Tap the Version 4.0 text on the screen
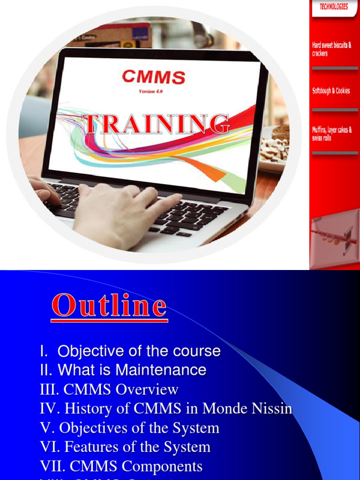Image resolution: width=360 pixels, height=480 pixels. point(150,91)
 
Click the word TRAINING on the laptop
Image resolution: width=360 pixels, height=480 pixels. point(156,124)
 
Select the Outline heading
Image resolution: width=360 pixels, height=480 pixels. point(109,306)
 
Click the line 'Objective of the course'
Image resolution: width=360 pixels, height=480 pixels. point(130,351)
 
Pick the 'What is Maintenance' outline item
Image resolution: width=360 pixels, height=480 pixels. point(123,370)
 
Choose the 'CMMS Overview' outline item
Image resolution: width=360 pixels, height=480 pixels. point(109,389)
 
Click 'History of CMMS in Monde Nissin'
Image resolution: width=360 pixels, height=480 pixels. point(166,408)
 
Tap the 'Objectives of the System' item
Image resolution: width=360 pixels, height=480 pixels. point(130,427)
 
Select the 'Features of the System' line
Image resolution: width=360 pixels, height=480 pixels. point(125,447)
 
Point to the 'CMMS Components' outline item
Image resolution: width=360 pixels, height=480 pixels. point(121,466)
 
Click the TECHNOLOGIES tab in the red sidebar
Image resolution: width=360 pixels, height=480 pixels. point(334,7)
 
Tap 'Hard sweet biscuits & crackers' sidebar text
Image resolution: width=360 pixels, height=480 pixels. point(331,49)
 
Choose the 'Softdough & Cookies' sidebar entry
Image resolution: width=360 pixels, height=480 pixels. point(331,91)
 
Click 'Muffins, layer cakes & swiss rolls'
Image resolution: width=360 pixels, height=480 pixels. point(332,134)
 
